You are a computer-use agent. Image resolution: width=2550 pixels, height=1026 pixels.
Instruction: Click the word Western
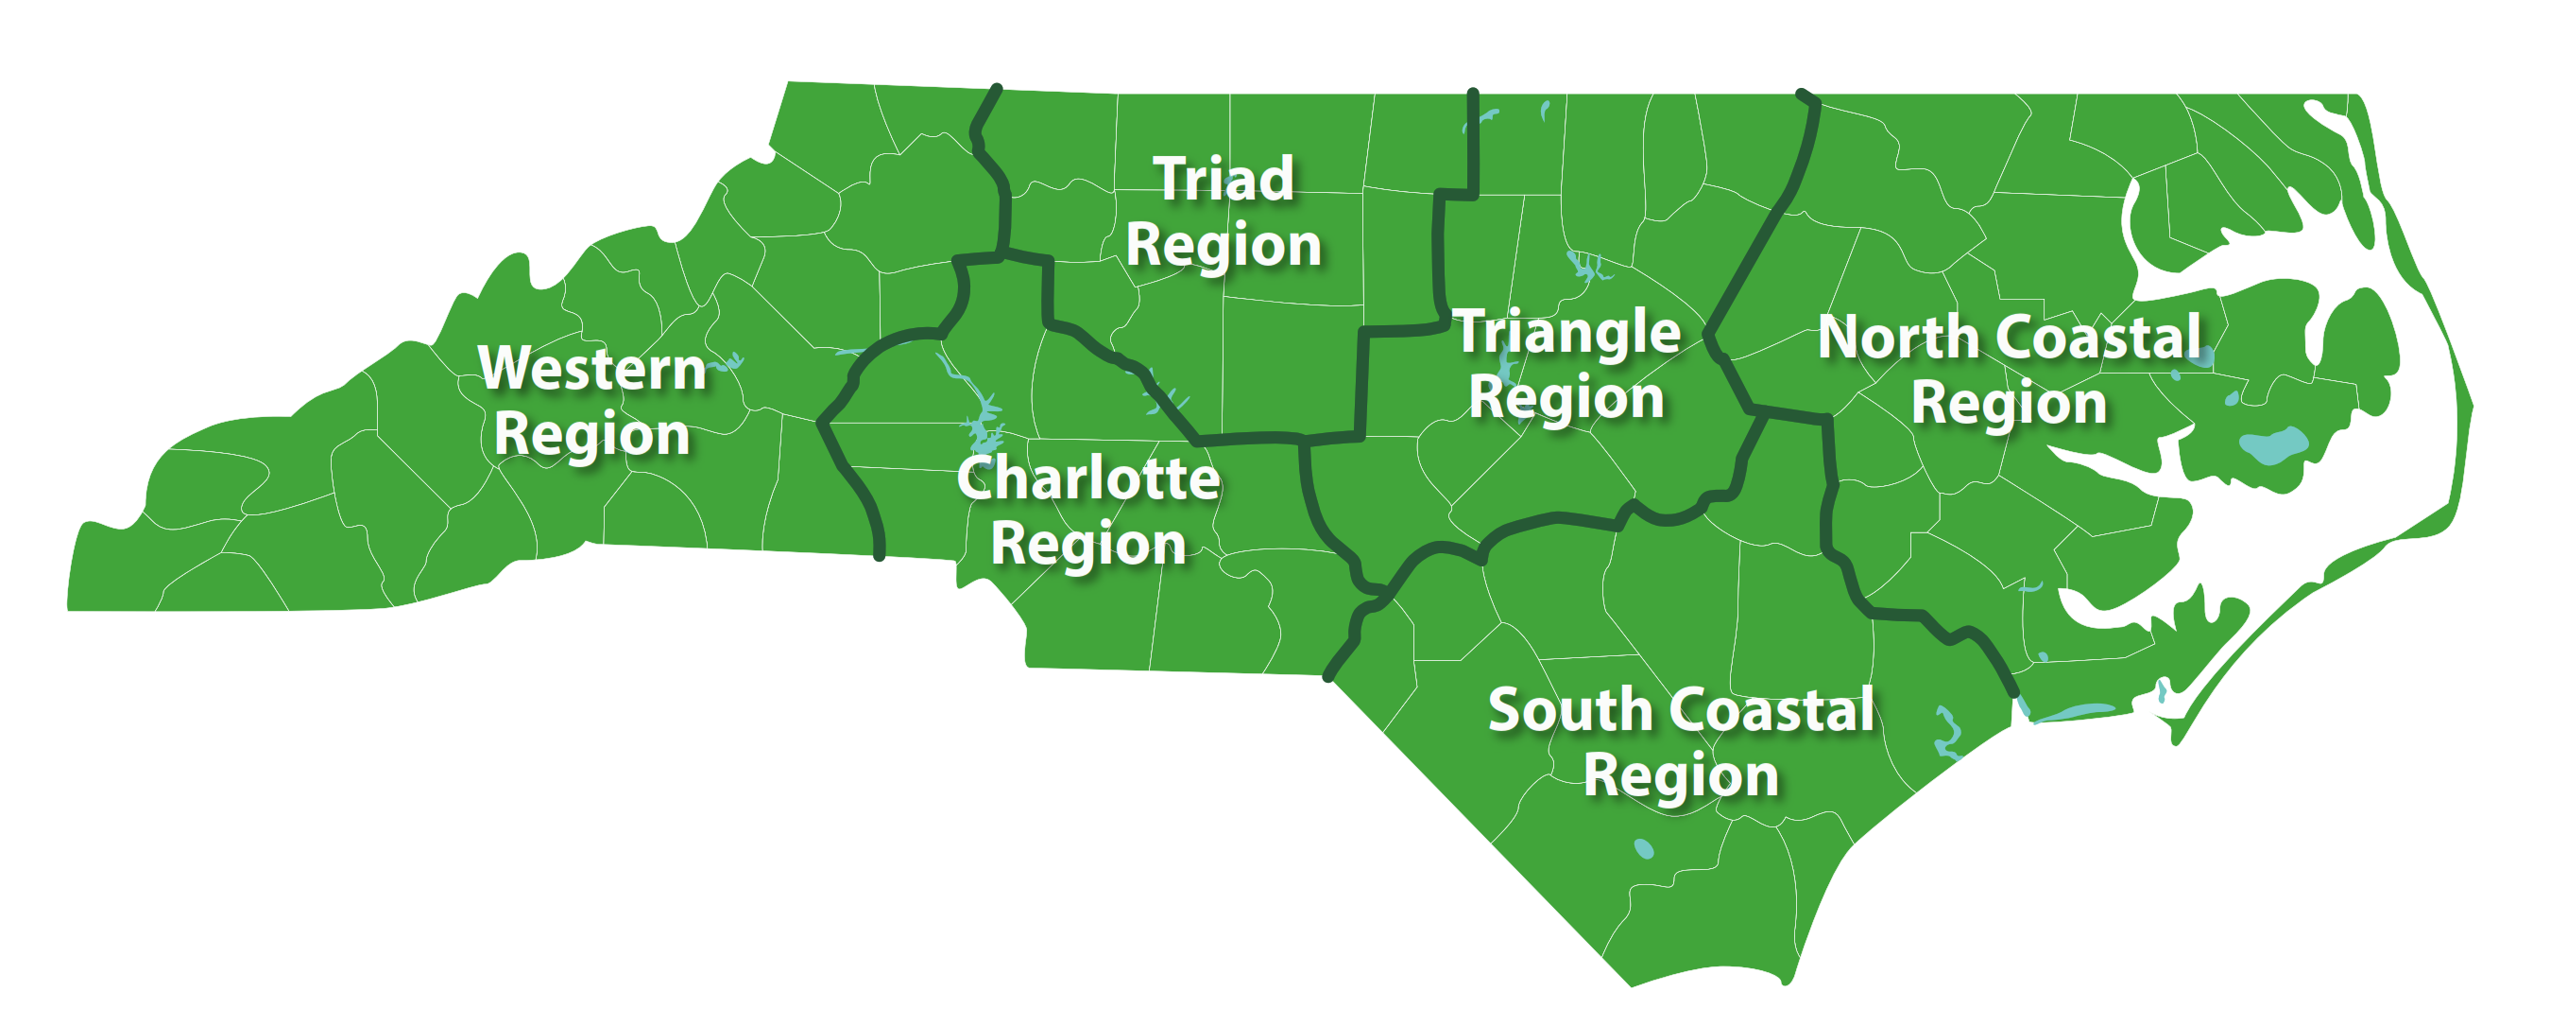tap(592, 369)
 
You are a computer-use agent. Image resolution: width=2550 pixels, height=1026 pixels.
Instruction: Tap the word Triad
tap(1224, 180)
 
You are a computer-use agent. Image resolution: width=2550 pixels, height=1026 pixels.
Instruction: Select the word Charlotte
tap(1087, 478)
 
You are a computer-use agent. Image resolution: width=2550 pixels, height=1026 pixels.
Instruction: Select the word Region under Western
tap(592, 435)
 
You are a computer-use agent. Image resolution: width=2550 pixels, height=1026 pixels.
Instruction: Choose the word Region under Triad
tap(1224, 246)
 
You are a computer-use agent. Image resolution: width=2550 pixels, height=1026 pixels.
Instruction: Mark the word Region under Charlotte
tap(1087, 545)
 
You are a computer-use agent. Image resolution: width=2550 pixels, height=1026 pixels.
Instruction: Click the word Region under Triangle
tap(1566, 398)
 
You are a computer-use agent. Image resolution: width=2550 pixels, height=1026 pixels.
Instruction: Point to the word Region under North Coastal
tap(2009, 404)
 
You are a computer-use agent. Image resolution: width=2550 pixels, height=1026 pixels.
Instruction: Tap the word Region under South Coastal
tap(1681, 775)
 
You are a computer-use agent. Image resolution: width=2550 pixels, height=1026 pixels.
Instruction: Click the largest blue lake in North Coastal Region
tap(2274, 444)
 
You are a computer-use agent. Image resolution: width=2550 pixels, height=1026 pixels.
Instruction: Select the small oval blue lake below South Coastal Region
tap(1643, 849)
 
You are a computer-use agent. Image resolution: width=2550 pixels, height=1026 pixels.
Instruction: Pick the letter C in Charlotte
tap(979, 478)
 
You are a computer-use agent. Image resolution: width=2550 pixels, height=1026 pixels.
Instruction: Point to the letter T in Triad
tap(1174, 179)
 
